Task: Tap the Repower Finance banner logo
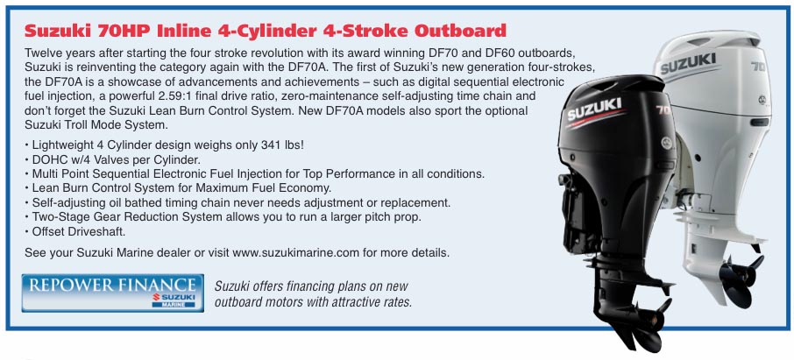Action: click(112, 293)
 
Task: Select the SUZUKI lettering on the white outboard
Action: click(688, 63)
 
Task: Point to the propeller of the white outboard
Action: click(740, 276)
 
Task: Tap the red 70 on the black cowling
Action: click(663, 109)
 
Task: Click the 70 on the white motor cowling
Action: click(758, 67)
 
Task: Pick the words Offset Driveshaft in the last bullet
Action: click(79, 232)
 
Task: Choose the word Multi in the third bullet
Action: click(43, 173)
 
